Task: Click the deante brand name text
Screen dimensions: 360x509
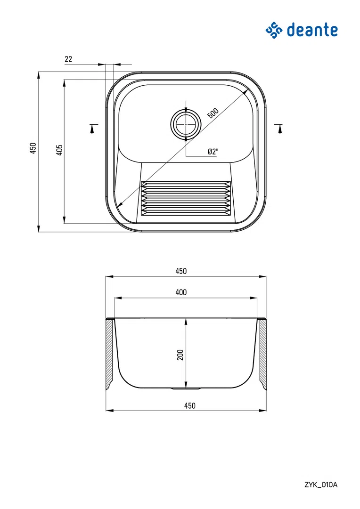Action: click(312, 30)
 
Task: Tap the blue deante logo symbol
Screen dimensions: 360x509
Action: click(274, 30)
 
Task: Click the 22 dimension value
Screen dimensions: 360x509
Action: click(68, 59)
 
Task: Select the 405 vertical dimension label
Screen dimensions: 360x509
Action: click(59, 150)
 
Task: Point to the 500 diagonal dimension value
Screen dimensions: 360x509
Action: click(213, 113)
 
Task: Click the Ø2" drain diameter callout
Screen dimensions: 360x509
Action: click(213, 152)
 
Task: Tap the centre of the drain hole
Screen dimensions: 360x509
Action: click(186, 124)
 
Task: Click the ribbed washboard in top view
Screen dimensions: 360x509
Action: click(186, 199)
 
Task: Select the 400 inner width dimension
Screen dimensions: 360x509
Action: click(181, 292)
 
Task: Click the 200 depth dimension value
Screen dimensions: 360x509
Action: click(180, 355)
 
